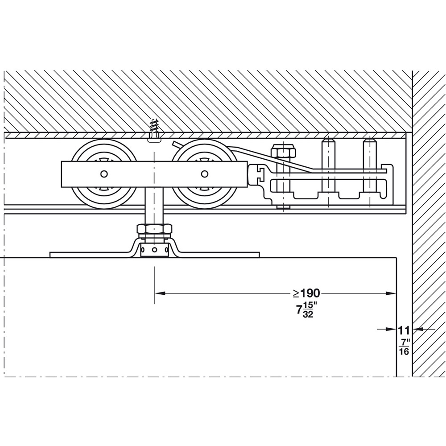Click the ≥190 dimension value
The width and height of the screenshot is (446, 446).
[x=307, y=293]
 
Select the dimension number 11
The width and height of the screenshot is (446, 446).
[x=404, y=330]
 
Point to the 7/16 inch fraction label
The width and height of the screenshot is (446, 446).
[x=404, y=347]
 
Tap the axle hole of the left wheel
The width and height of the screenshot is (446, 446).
[x=104, y=174]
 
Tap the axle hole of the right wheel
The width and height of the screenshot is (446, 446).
[x=205, y=174]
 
